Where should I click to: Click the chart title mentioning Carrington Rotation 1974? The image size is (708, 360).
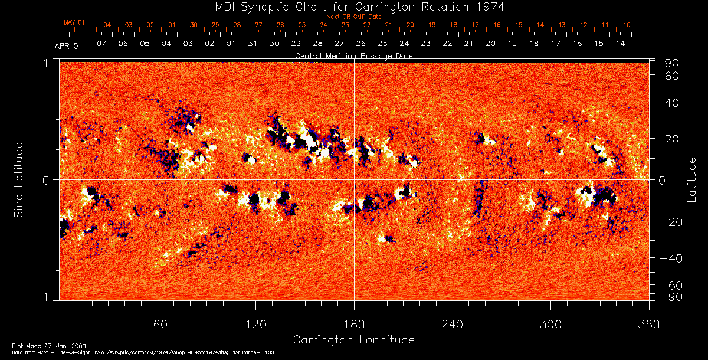coord(354,6)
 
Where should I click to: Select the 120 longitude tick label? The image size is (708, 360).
coord(255,324)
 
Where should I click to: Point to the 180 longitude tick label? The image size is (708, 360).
coord(354,324)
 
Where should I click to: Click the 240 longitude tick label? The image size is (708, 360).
coord(452,324)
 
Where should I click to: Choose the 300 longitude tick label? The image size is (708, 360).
coord(550,324)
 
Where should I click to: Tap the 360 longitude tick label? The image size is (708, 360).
coord(648,324)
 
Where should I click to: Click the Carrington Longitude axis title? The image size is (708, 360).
coord(353,340)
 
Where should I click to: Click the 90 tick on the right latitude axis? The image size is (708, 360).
coord(673,63)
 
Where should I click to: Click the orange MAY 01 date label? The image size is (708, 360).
coord(74,22)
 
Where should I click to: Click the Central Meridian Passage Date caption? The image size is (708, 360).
coord(353,55)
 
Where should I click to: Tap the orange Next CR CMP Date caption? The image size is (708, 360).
coord(353,17)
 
